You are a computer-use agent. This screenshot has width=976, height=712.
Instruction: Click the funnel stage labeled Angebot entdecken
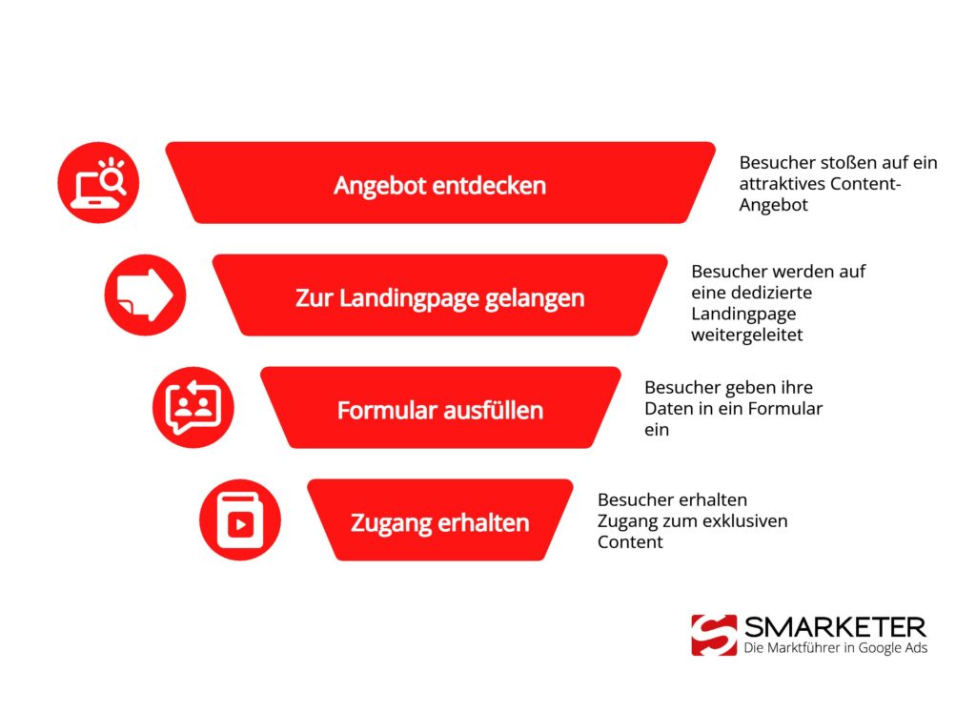pos(439,185)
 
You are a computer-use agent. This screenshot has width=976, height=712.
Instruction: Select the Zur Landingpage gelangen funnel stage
pos(439,297)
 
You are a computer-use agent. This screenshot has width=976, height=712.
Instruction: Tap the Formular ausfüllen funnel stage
pos(439,410)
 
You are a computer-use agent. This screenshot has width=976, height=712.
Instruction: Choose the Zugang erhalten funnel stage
pos(439,522)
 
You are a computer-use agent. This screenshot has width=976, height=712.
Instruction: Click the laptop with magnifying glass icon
pos(99,183)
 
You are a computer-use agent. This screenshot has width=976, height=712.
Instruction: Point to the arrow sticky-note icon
pos(145,295)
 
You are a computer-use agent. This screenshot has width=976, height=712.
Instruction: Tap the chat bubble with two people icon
pos(193,408)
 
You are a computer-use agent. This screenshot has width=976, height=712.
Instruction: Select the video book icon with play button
pos(240,520)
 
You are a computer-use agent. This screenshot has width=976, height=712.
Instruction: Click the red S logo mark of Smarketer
pos(714,635)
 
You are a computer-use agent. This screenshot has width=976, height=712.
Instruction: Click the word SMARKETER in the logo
pos(835,627)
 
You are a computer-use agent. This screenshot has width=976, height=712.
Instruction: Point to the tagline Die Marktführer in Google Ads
pos(835,648)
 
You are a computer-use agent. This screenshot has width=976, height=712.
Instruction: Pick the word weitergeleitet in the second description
pos(747,335)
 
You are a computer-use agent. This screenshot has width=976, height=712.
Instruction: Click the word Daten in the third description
pos(666,409)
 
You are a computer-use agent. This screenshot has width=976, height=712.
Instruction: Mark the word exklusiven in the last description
pos(747,521)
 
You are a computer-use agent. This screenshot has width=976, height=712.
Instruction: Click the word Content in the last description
pos(630,542)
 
